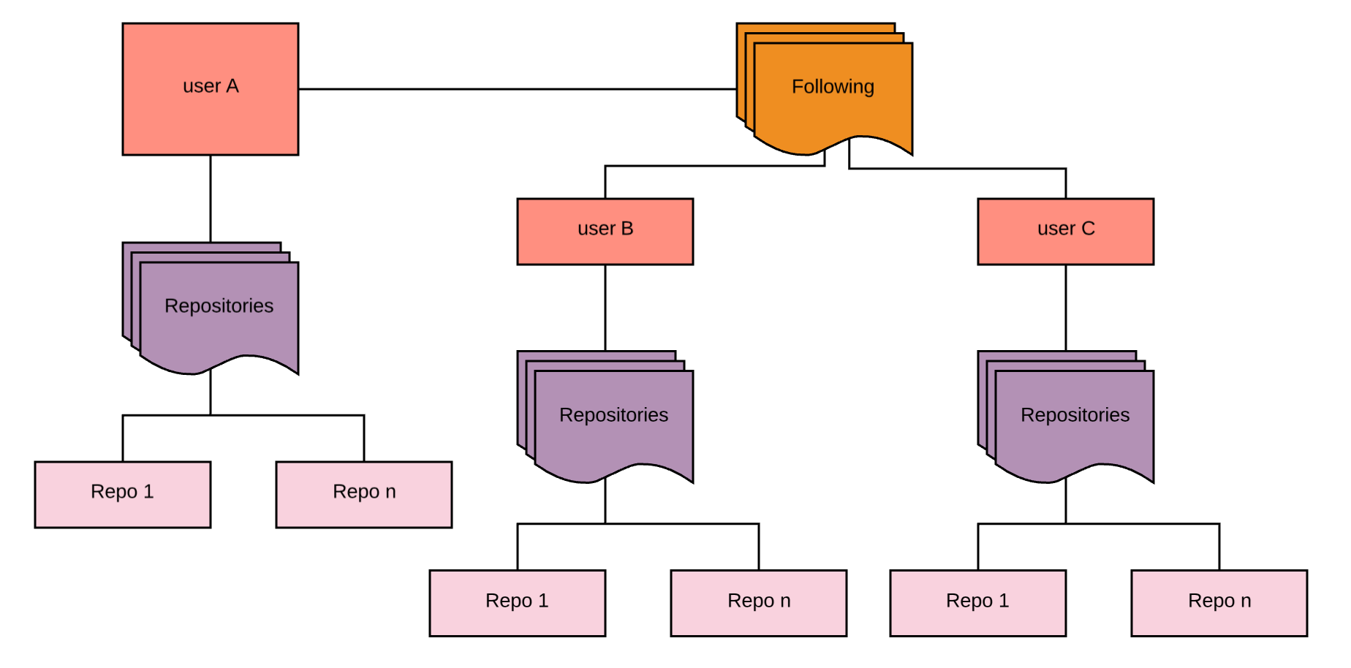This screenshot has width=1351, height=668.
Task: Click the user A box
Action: pos(210,110)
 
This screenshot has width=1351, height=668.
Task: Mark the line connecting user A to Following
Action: pos(512,89)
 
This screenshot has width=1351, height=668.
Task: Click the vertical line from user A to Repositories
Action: pos(211,197)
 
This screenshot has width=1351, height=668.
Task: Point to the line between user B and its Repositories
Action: pos(605,307)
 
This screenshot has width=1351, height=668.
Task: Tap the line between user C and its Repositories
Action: pos(1066,307)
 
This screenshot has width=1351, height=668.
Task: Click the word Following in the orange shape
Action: pos(833,87)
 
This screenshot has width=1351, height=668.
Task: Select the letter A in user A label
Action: pos(232,86)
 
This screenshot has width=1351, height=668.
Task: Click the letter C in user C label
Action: pos(1088,229)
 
